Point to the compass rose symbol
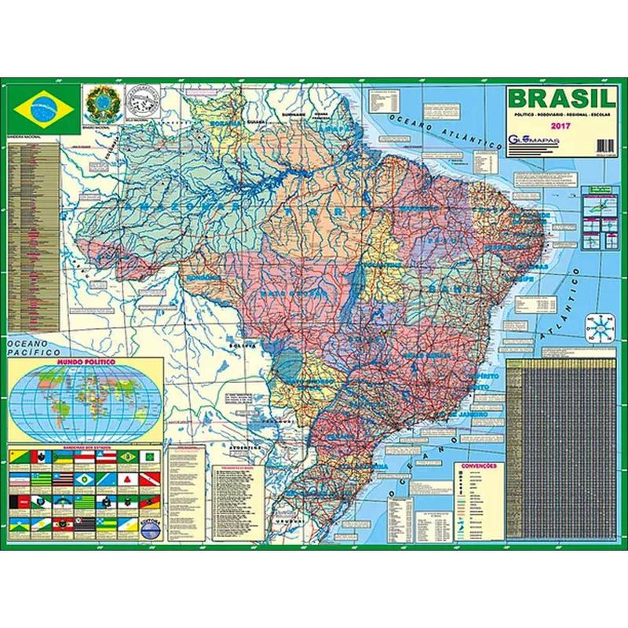pos(601,323)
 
